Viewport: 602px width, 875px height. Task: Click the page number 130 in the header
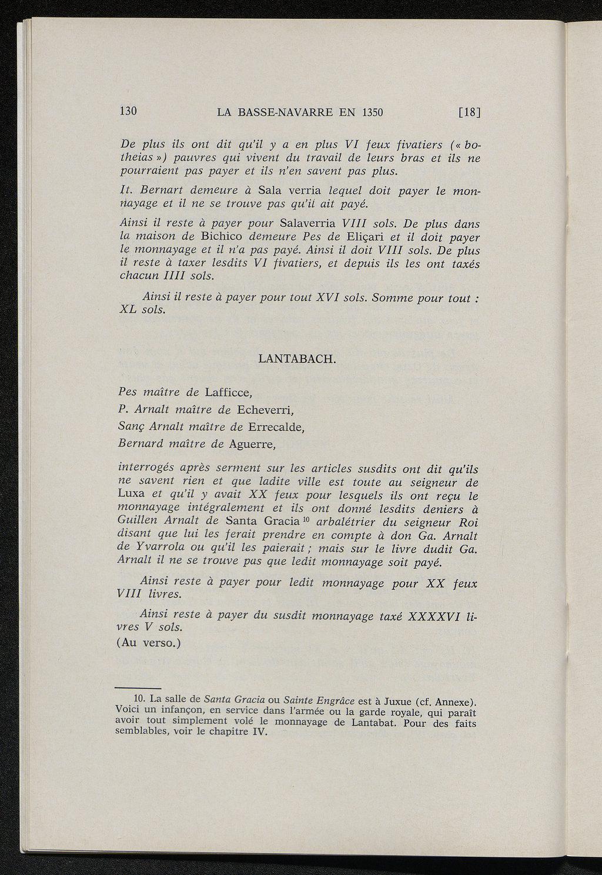pyautogui.click(x=128, y=110)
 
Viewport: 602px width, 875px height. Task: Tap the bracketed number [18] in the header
pyautogui.click(x=470, y=112)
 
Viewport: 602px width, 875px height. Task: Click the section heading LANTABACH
pyautogui.click(x=297, y=359)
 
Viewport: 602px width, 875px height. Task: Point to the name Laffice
pyautogui.click(x=229, y=392)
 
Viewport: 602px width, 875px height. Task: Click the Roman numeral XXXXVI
pyautogui.click(x=433, y=615)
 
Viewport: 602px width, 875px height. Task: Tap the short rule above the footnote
pyautogui.click(x=138, y=688)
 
